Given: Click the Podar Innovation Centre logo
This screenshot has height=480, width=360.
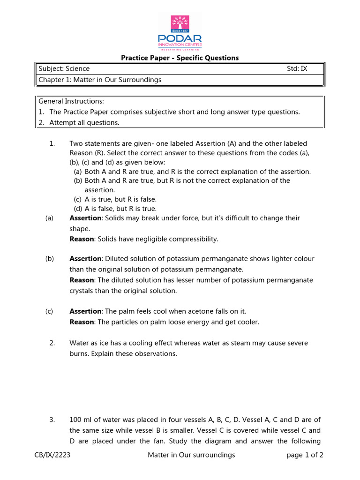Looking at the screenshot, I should click(180, 32).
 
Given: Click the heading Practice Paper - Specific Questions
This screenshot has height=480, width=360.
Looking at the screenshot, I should click(180, 58).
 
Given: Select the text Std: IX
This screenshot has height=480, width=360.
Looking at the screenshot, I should click(297, 69).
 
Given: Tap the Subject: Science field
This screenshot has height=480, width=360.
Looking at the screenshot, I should click(64, 69).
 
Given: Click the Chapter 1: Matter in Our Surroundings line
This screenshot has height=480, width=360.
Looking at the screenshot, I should click(100, 80).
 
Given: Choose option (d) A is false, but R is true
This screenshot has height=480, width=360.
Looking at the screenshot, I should click(115, 209).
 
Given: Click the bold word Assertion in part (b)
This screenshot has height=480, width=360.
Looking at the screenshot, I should click(85, 259).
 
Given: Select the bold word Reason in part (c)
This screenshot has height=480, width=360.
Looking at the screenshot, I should click(82, 322).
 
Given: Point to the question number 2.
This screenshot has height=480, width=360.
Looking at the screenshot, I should click(52, 343).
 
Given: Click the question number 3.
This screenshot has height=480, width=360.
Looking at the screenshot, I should click(52, 420).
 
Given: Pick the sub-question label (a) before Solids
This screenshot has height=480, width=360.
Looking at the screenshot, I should click(49, 218).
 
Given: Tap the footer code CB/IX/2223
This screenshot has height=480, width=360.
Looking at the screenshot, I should click(53, 455).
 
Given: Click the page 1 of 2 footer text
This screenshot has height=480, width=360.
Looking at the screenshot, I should click(305, 455).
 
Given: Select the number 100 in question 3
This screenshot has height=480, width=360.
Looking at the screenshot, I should click(75, 420).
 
